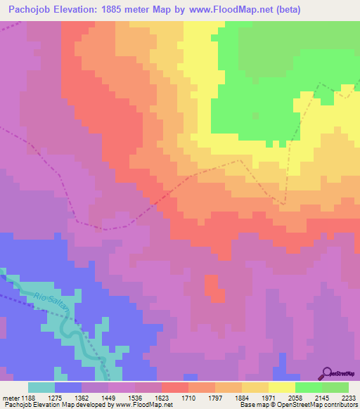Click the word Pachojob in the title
coord(27,10)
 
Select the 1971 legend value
coord(269,397)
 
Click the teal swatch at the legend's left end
coord(41,387)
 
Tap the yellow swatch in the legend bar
coord(282,387)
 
